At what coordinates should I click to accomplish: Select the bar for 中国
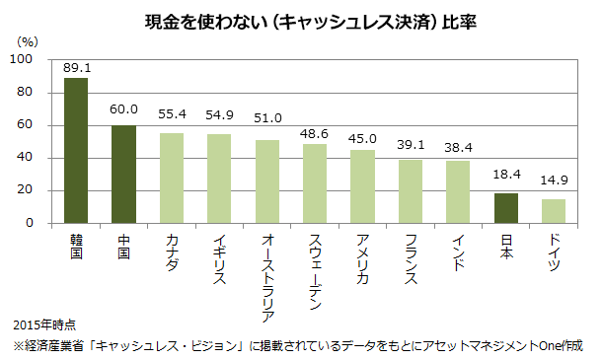(124, 175)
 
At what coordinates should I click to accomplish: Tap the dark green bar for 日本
(505, 208)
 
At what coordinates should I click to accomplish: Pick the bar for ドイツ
(554, 211)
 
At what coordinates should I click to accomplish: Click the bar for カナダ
(172, 179)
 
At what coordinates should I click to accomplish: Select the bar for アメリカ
(363, 186)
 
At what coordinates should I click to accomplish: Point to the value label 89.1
(77, 68)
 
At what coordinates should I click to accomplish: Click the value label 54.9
(220, 115)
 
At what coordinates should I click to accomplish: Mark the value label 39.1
(412, 144)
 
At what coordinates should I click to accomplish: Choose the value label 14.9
(555, 180)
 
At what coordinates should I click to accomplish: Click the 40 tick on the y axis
(26, 158)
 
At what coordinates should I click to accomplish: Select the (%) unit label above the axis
(29, 43)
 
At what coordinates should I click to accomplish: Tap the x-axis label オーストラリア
(267, 277)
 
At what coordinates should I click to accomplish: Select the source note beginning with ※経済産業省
(297, 346)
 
